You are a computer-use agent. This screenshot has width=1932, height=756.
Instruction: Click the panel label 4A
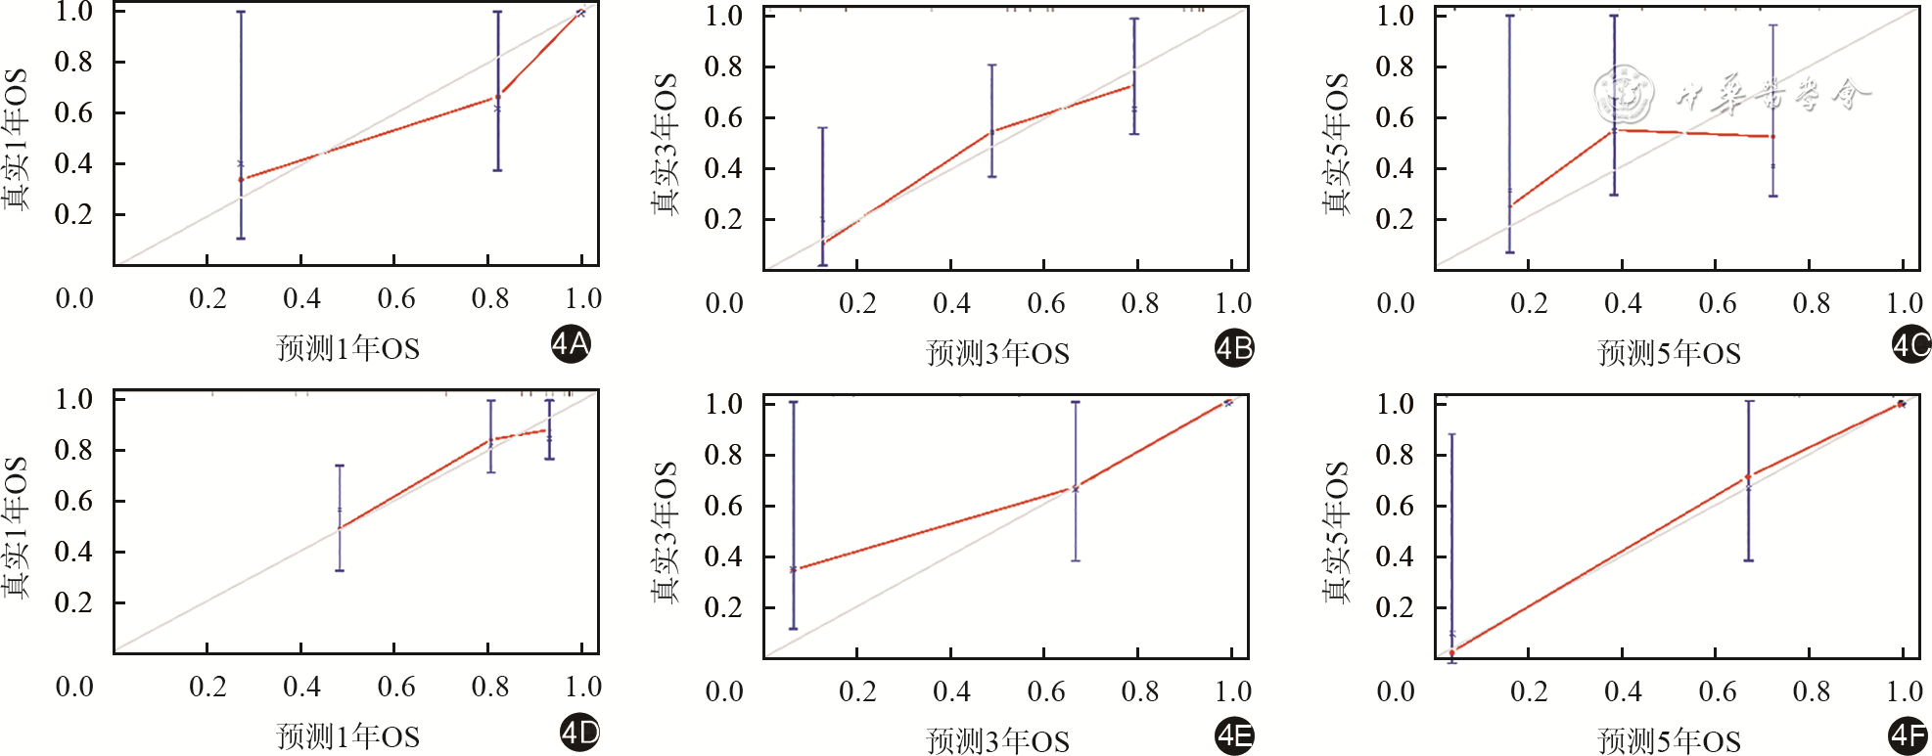pyautogui.click(x=570, y=344)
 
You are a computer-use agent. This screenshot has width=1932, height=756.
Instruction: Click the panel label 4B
pyautogui.click(x=1233, y=348)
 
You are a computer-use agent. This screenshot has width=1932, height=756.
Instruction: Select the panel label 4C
pyautogui.click(x=1909, y=344)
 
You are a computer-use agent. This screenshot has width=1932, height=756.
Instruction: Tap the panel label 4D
pyautogui.click(x=578, y=733)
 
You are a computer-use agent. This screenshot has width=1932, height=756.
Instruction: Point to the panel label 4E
pyautogui.click(x=1233, y=735)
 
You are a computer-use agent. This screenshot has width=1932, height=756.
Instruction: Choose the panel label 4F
pyautogui.click(x=1908, y=735)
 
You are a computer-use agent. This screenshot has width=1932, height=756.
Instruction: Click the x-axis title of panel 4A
pyautogui.click(x=347, y=348)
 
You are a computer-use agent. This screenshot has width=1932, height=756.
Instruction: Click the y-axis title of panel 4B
pyautogui.click(x=666, y=144)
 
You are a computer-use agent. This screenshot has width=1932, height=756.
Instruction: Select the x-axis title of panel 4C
pyautogui.click(x=1669, y=353)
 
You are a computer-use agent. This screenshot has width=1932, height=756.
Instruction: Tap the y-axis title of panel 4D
pyautogui.click(x=16, y=527)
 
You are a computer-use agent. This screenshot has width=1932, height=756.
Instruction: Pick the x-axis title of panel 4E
pyautogui.click(x=997, y=741)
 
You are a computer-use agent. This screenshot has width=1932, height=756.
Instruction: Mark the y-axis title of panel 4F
pyautogui.click(x=1337, y=532)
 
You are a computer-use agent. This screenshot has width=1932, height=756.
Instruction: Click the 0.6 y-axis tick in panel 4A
pyautogui.click(x=73, y=112)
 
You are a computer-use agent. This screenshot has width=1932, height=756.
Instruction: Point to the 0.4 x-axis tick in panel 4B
pyautogui.click(x=951, y=303)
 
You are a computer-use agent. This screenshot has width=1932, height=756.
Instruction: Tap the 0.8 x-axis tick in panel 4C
pyautogui.click(x=1811, y=303)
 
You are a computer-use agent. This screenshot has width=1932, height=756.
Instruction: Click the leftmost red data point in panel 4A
pyautogui.click(x=242, y=179)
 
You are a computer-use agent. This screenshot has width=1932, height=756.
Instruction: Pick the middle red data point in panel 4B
pyautogui.click(x=992, y=131)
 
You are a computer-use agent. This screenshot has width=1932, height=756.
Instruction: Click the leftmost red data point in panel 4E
pyautogui.click(x=793, y=569)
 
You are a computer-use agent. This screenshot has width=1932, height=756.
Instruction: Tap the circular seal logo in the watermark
pyautogui.click(x=1623, y=95)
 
